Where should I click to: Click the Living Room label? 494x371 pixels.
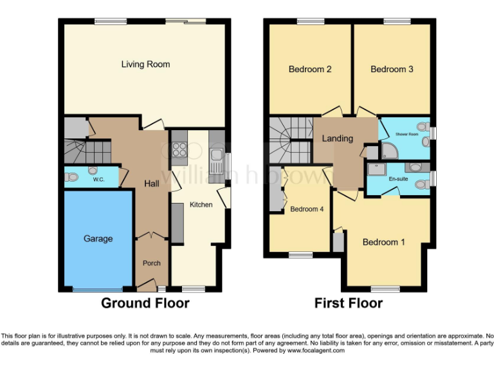(x=145, y=64)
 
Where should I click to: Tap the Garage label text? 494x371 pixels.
(x=98, y=238)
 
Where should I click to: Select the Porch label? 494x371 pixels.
(x=152, y=263)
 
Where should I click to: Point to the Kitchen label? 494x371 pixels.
(x=201, y=204)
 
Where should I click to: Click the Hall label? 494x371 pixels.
(x=152, y=184)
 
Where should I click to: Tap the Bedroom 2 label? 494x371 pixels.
(x=310, y=69)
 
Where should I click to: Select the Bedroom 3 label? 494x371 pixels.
(x=392, y=69)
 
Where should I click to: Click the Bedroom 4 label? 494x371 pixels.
(x=307, y=209)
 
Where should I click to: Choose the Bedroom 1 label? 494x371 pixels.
(x=384, y=242)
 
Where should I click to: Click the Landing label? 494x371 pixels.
(x=338, y=138)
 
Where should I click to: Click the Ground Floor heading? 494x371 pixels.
(x=145, y=303)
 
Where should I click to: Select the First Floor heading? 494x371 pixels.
(x=348, y=303)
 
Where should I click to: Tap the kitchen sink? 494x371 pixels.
(x=217, y=155)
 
